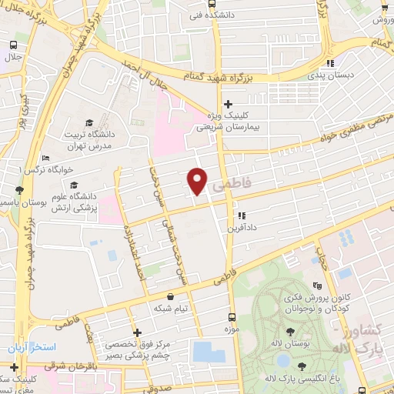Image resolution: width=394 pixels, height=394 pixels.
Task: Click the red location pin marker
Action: [197, 181]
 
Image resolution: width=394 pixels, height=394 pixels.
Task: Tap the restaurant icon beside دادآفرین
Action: [242, 215]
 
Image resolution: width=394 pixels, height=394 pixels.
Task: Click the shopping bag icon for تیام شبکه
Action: [169, 295]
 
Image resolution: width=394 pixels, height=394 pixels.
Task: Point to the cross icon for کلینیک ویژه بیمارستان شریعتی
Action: [227, 104]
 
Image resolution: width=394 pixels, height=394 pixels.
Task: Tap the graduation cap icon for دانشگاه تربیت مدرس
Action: [89, 122]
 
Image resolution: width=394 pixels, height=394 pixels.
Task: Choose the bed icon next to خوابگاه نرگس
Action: [45, 158]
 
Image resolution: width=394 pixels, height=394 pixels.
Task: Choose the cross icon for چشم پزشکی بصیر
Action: [137, 333]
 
